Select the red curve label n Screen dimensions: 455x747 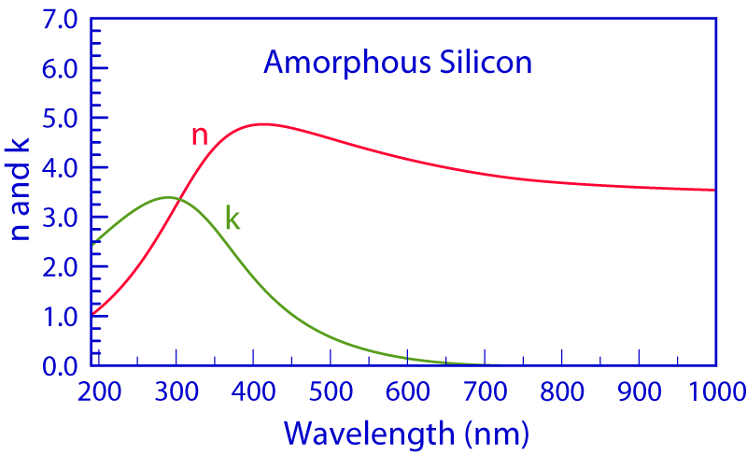(x=199, y=135)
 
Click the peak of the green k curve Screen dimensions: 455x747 (x=272, y=197)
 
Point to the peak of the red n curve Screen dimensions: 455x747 (x=385, y=123)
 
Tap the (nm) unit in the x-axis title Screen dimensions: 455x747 (x=498, y=433)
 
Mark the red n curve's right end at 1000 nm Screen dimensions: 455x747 (x=714, y=190)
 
